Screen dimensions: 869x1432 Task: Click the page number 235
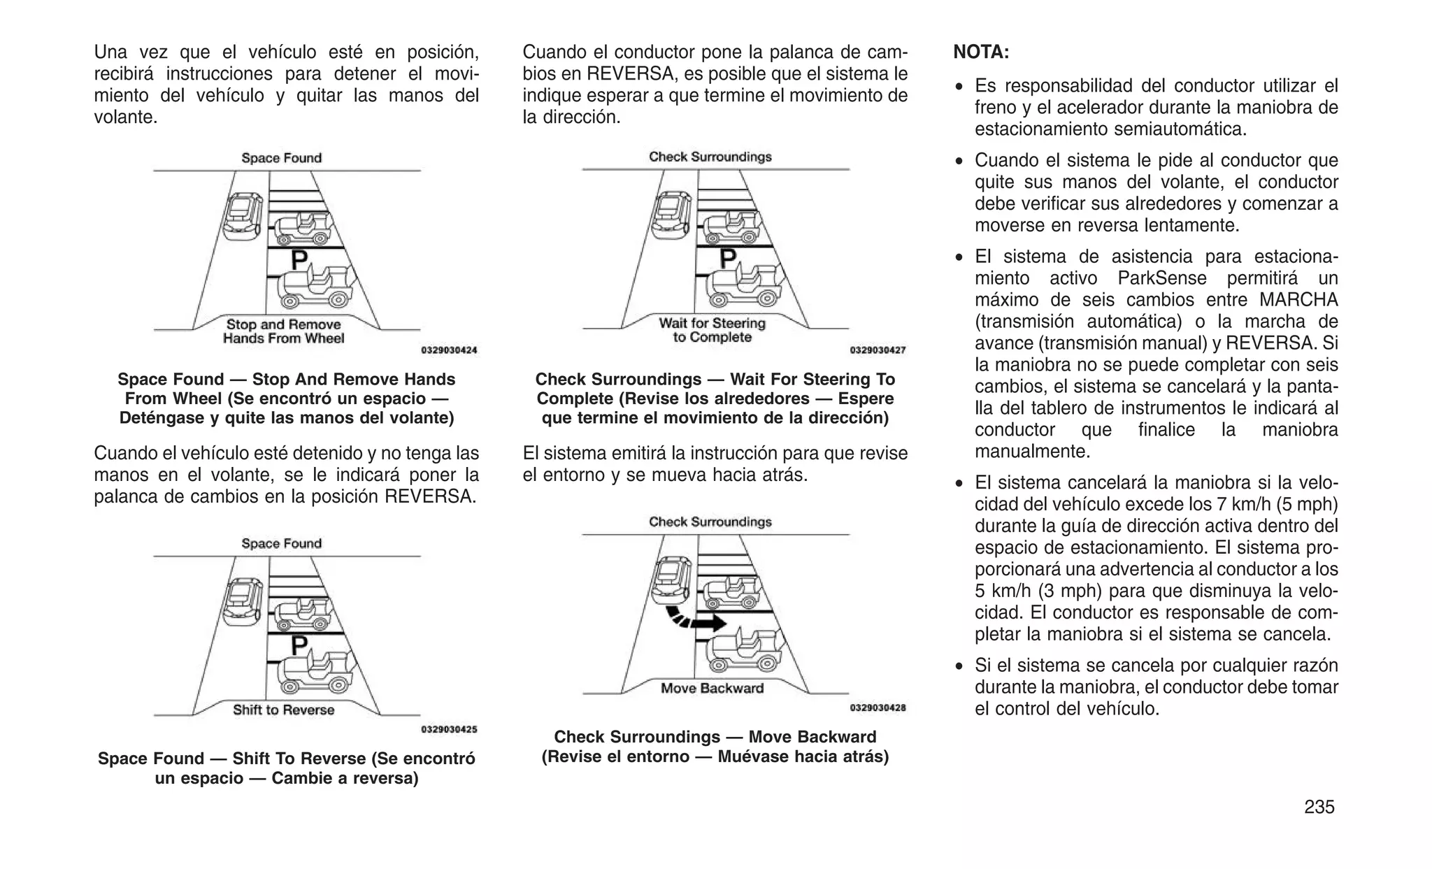(x=1319, y=807)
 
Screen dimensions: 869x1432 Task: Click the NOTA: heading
(x=981, y=52)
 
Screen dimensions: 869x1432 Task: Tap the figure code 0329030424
(x=449, y=350)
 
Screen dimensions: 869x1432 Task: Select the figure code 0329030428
(x=878, y=708)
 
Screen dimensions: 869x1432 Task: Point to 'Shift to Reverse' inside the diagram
(x=284, y=710)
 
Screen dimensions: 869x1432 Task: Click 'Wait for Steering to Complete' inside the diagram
(x=712, y=330)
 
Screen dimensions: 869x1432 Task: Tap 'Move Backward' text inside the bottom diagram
(x=712, y=689)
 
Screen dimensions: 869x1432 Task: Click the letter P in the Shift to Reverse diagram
(x=299, y=645)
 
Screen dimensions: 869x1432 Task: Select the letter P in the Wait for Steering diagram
(x=728, y=259)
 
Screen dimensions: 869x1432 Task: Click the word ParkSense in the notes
(x=1161, y=278)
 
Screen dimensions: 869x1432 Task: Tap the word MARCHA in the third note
(x=1298, y=300)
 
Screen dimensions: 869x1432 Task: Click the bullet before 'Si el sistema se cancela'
(x=961, y=666)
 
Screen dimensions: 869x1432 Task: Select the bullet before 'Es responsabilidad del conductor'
(x=961, y=87)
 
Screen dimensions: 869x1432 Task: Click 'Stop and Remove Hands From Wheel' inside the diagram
(x=284, y=331)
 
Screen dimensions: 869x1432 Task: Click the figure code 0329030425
(x=449, y=729)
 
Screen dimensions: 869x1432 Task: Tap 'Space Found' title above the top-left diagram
(x=282, y=158)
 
